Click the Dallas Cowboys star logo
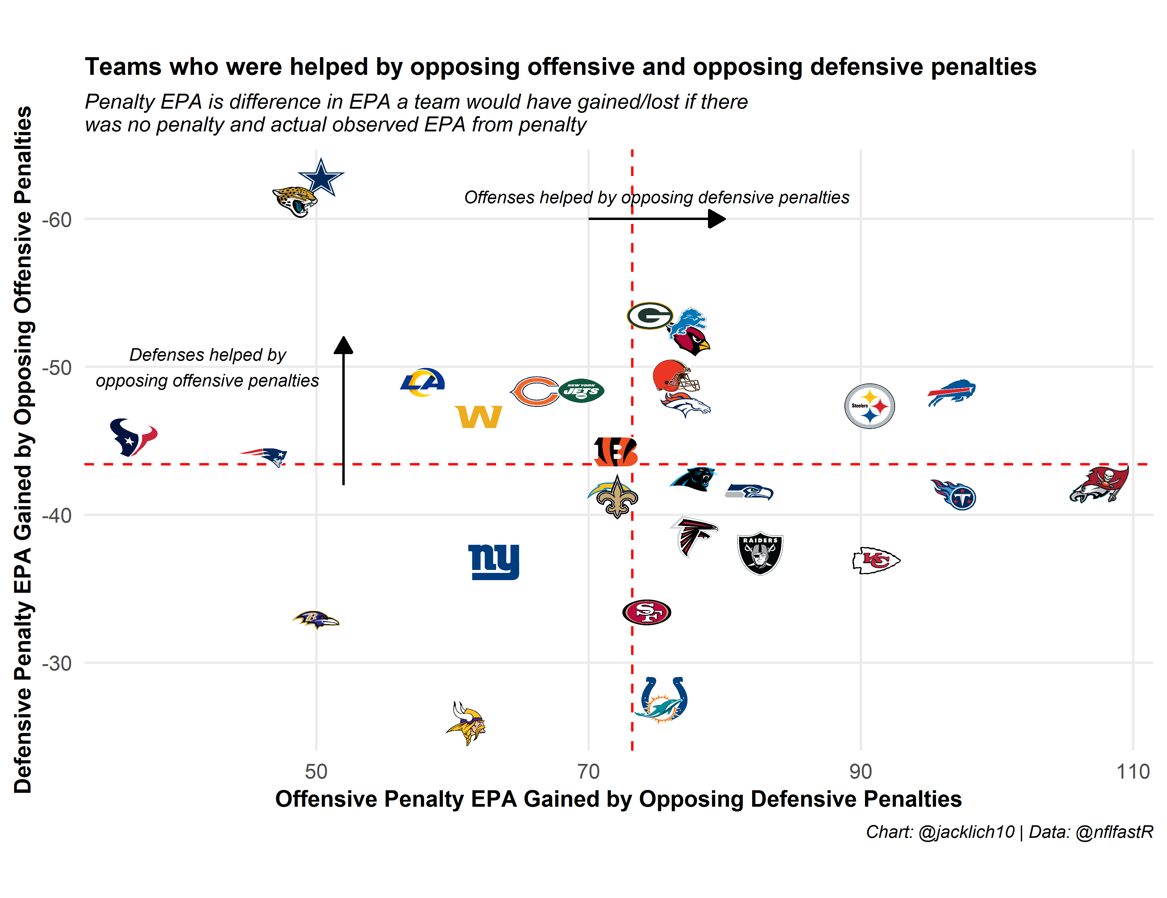(321, 178)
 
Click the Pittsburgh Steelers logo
(869, 406)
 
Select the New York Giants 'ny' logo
(494, 562)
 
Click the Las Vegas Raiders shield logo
(760, 553)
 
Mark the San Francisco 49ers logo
(647, 612)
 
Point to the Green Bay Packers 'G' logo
(650, 316)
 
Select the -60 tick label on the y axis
(57, 220)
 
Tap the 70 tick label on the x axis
(588, 772)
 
